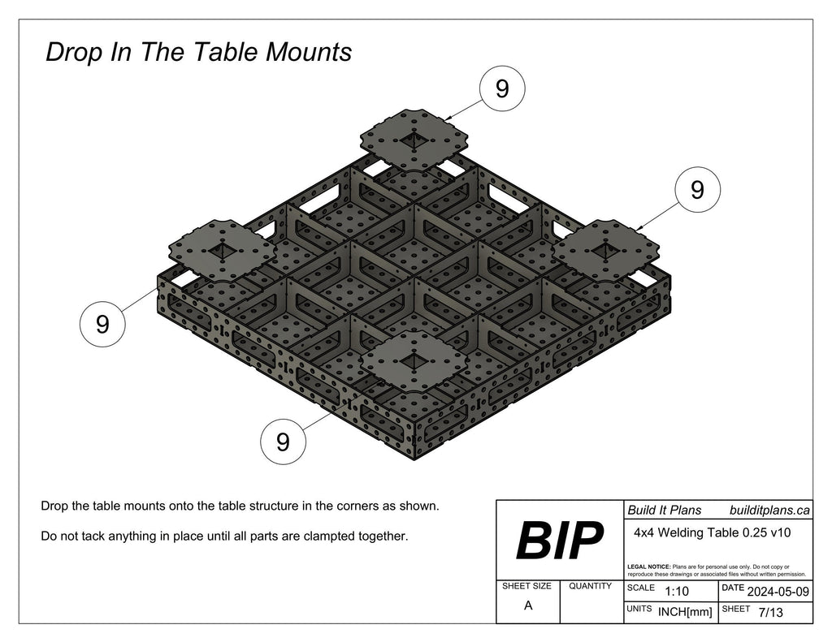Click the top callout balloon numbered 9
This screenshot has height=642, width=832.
click(x=502, y=88)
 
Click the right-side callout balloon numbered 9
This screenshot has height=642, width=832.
click(x=697, y=191)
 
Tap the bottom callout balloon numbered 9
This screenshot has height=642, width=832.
click(x=283, y=442)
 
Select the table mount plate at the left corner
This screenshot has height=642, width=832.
click(x=220, y=248)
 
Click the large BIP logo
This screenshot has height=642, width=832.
click(x=559, y=541)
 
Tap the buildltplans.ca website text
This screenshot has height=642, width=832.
click(x=769, y=511)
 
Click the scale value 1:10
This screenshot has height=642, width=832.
click(x=677, y=592)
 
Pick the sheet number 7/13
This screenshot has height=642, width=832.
click(x=769, y=613)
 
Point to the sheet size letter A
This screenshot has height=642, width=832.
click(x=528, y=605)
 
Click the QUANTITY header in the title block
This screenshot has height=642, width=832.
click(x=590, y=586)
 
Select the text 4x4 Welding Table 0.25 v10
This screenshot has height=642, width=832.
click(x=712, y=533)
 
